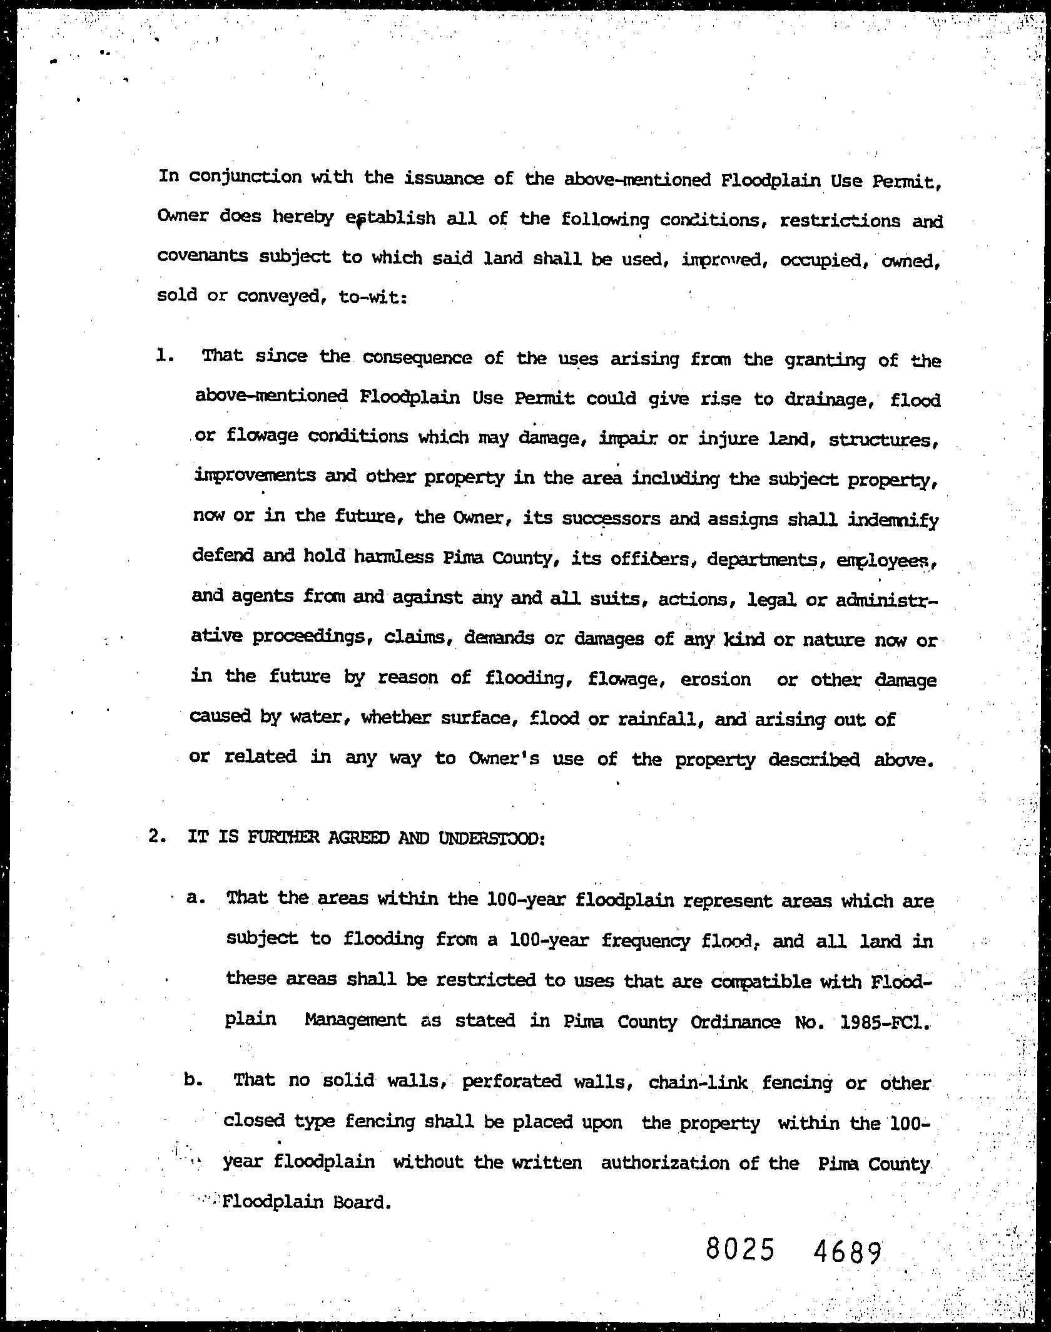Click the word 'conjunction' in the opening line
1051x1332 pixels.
pos(245,177)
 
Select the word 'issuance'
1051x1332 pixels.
pos(443,178)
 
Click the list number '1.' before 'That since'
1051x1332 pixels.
pos(165,356)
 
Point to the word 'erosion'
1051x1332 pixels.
pos(714,679)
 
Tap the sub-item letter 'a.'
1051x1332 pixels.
pos(196,897)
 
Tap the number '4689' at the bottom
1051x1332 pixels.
pos(848,1252)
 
